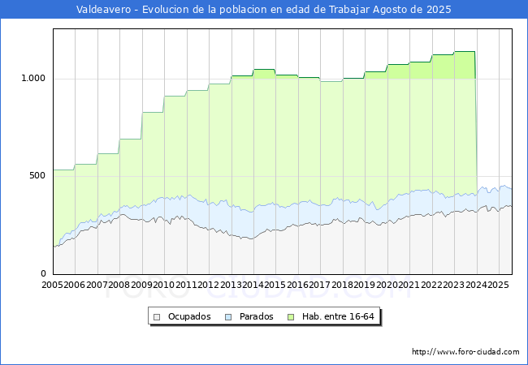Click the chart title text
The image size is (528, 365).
tap(263, 10)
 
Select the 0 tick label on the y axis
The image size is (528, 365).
tap(45, 274)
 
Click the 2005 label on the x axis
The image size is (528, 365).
tap(53, 286)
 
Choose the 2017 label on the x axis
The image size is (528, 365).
tap(319, 286)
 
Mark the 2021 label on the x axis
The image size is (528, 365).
tap(408, 286)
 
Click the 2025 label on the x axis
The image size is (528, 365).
tap(496, 286)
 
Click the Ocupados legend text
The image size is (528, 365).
tap(189, 316)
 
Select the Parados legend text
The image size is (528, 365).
tap(256, 316)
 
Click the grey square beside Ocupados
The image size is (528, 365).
tap(158, 316)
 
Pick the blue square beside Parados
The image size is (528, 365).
tap(229, 316)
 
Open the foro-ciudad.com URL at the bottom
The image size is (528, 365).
tap(465, 352)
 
